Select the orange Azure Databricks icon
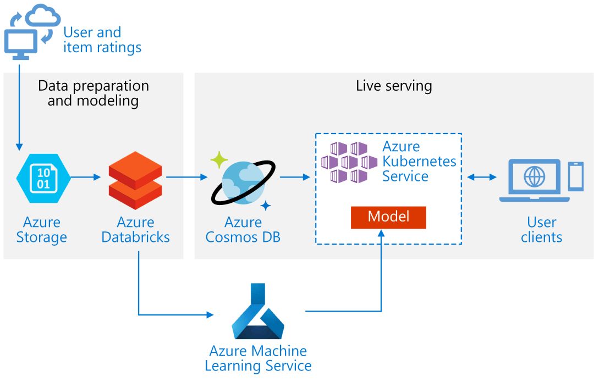[135, 177]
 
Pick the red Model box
[388, 217]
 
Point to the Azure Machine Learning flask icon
[257, 311]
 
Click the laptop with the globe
[531, 180]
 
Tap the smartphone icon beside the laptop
[575, 176]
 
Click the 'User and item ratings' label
[102, 40]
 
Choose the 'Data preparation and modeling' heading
[93, 93]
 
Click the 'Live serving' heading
[394, 86]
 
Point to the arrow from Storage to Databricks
[86, 177]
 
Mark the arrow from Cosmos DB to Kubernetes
[295, 177]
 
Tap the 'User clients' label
[542, 230]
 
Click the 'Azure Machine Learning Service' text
[258, 358]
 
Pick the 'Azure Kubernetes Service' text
[419, 162]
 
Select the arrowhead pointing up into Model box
[381, 234]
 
